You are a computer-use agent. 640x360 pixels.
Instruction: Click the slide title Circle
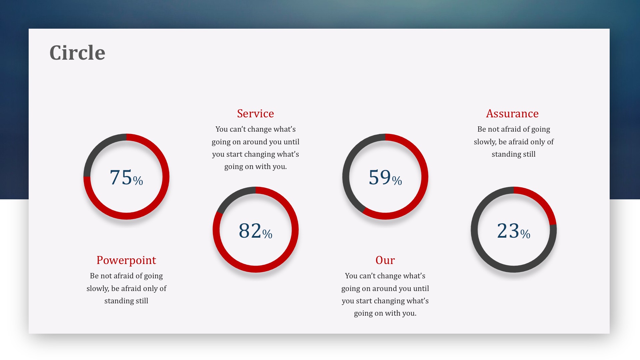coord(77,53)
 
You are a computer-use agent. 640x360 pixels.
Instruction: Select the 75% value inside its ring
coord(126,177)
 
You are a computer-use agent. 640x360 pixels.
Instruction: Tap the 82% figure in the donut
coord(256,230)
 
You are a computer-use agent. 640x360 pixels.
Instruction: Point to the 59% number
coord(385,177)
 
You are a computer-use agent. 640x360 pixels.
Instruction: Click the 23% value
coord(514,230)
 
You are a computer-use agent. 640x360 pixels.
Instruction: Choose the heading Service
coord(256,113)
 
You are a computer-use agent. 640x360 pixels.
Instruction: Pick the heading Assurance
coord(512,113)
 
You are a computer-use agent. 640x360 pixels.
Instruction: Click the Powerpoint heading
coord(126,260)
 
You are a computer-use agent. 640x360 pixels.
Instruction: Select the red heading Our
coord(385,260)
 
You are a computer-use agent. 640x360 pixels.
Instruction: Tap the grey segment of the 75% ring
coord(98,149)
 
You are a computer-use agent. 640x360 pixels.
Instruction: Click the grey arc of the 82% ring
coord(233,197)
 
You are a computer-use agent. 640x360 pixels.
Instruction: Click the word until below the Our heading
coord(421,289)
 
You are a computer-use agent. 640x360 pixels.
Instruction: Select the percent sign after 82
coord(267,234)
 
